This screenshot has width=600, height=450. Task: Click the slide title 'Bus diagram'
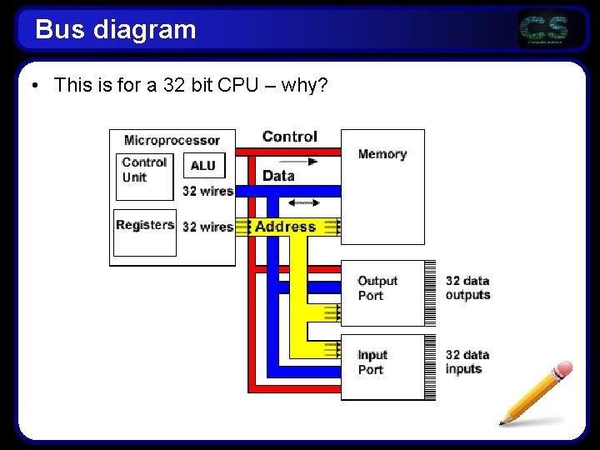(x=116, y=30)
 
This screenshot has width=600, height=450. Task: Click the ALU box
(x=203, y=165)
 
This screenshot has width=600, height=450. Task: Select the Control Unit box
(x=144, y=176)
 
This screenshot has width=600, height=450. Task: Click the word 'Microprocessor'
(x=172, y=140)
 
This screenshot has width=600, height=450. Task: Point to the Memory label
(x=382, y=154)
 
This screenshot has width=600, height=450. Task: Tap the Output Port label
(x=377, y=288)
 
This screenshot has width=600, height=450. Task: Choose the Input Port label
(x=372, y=362)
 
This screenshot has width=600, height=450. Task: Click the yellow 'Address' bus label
(x=285, y=227)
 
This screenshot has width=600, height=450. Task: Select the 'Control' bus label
(x=289, y=137)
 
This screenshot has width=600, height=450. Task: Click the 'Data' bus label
(x=278, y=176)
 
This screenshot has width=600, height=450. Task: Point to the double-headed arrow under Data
(x=303, y=202)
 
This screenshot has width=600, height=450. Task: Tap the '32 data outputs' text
(x=467, y=288)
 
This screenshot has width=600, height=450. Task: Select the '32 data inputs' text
(x=467, y=362)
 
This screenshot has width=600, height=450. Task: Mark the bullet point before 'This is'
(x=35, y=85)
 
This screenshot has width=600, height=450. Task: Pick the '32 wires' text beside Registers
(x=207, y=227)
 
